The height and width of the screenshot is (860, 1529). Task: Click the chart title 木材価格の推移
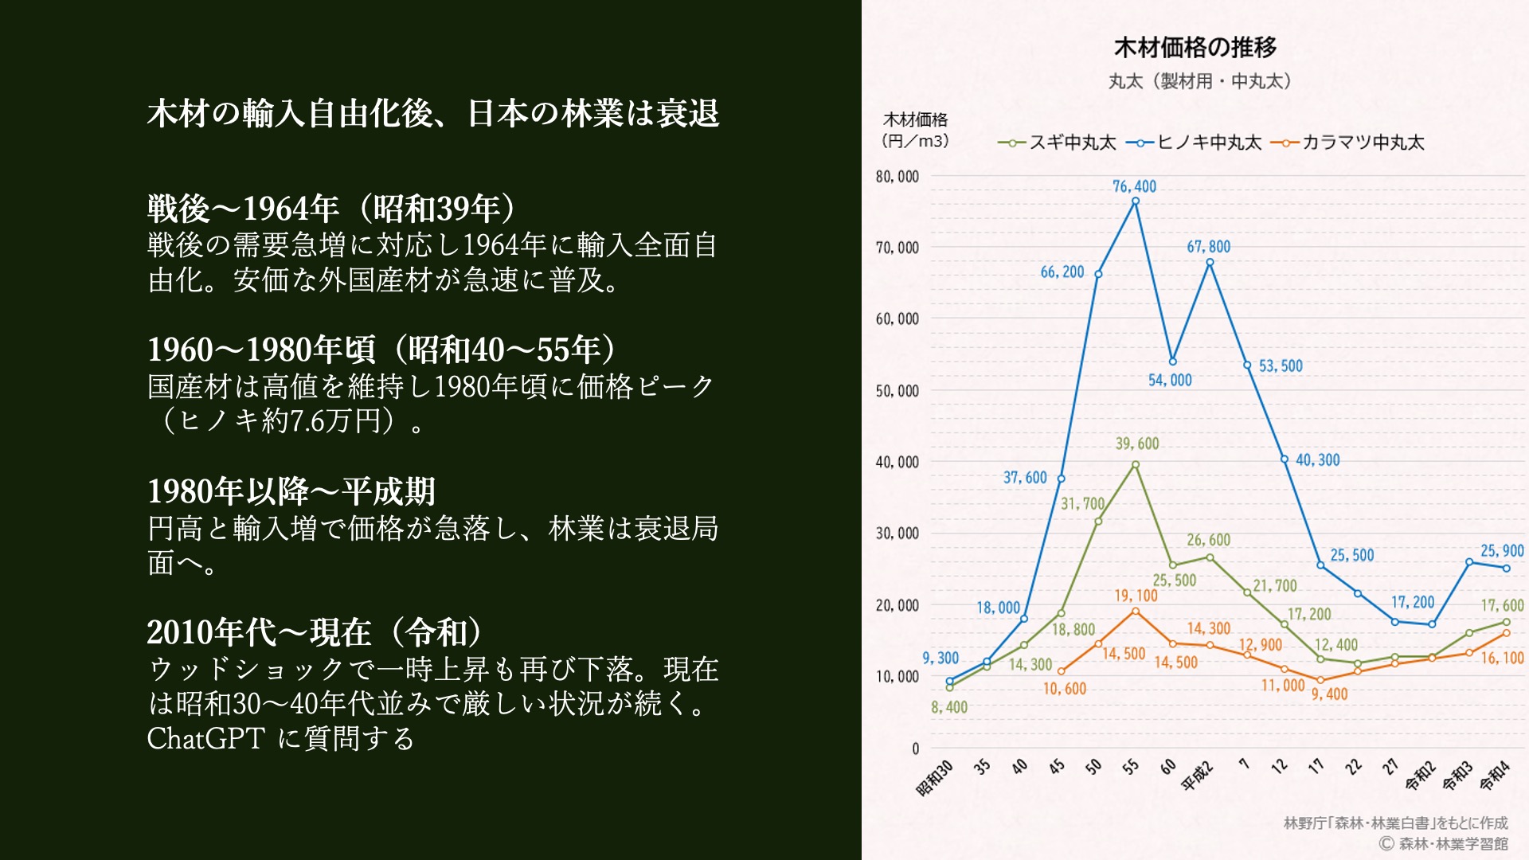1195,48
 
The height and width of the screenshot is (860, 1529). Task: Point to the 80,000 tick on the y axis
897,177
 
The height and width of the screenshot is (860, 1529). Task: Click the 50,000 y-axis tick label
897,391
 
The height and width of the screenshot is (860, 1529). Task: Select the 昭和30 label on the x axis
935,777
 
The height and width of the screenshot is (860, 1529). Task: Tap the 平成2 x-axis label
1197,776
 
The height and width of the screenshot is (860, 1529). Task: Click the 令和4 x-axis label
1495,775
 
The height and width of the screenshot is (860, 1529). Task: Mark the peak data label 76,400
1134,186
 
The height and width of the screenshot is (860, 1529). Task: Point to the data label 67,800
1208,247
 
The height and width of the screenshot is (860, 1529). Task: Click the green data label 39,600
1136,444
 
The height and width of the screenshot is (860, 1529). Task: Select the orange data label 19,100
1136,596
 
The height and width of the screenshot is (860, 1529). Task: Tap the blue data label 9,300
940,658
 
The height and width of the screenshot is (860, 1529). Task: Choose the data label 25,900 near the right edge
1502,551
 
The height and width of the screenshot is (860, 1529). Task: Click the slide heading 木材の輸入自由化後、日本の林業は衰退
433,113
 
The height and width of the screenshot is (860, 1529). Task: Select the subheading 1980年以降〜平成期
291,491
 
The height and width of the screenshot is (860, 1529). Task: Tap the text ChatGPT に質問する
280,738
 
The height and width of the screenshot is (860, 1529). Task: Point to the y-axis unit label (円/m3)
915,141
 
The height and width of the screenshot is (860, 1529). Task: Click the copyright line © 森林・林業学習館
1443,843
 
